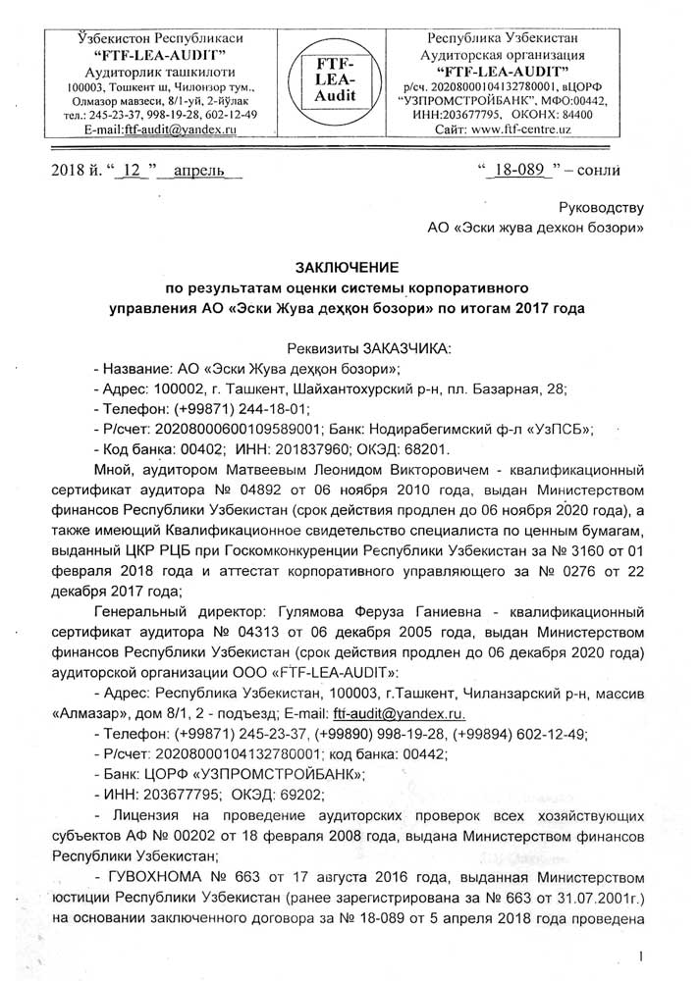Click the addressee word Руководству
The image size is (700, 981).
(600, 208)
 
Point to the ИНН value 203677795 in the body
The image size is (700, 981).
(178, 793)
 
